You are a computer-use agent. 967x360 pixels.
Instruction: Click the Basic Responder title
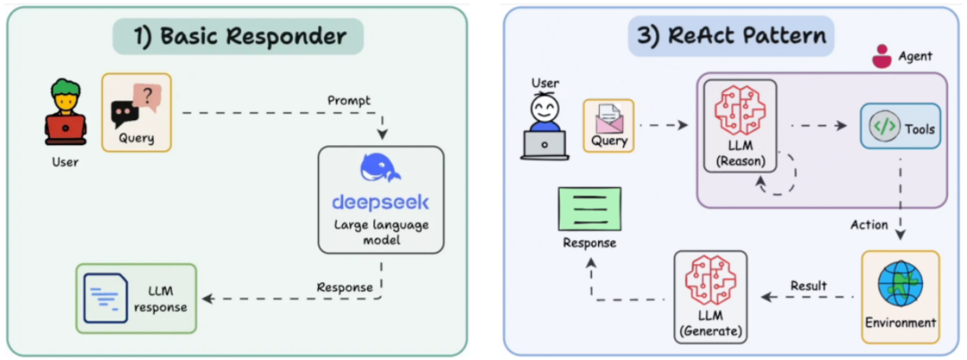238,37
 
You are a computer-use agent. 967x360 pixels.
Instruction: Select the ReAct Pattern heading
732,36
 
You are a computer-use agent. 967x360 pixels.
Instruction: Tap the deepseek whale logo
380,168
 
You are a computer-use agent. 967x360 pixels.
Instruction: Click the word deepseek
380,202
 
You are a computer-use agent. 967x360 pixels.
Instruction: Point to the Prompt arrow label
349,100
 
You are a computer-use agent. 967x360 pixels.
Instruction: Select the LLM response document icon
106,297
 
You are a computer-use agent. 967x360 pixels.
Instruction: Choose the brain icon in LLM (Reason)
740,111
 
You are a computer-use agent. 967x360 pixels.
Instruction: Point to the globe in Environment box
901,284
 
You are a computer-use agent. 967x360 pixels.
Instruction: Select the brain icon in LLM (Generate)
710,282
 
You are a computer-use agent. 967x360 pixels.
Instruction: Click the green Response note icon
589,207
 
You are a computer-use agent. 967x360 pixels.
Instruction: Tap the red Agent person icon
883,56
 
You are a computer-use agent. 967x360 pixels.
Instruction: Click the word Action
869,225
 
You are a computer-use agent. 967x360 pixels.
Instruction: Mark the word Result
809,286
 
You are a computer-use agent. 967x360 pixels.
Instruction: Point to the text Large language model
381,232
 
